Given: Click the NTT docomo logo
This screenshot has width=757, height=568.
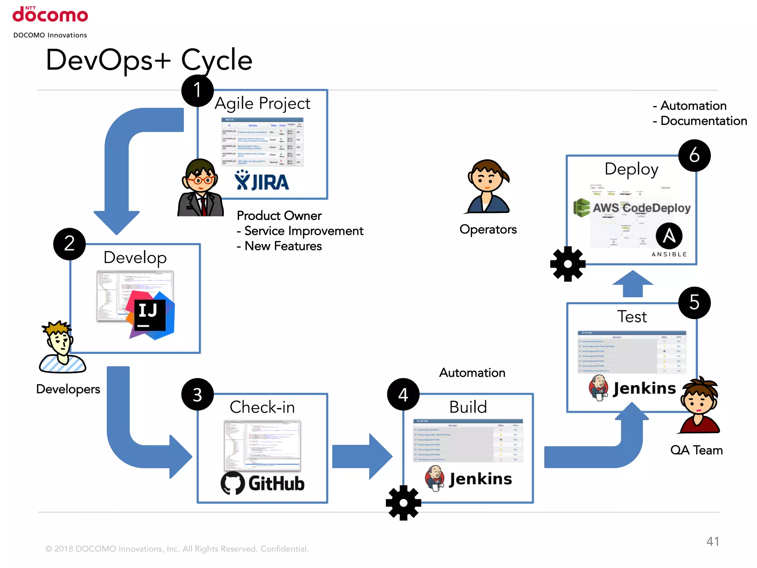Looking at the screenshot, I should pyautogui.click(x=50, y=15).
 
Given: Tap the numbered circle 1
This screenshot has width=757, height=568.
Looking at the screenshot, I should pyautogui.click(x=197, y=90).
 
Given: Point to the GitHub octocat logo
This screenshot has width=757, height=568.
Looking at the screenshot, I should pyautogui.click(x=232, y=483).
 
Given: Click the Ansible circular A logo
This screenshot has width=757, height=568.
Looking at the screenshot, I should pyautogui.click(x=669, y=236).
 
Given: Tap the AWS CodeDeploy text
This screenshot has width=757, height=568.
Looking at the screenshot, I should pyautogui.click(x=642, y=208).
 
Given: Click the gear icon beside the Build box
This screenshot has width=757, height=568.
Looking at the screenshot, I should pyautogui.click(x=403, y=503).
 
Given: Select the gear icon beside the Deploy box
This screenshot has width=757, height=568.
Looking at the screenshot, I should pyautogui.click(x=568, y=264).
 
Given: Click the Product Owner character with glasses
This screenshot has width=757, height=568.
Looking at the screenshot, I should pyautogui.click(x=201, y=188).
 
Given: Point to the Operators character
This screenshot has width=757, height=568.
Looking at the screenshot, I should pyautogui.click(x=488, y=187).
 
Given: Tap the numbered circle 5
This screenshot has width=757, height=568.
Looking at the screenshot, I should pyautogui.click(x=694, y=302).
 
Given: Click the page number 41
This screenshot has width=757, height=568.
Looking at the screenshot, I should pyautogui.click(x=713, y=541).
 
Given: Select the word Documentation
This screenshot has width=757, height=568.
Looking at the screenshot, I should pyautogui.click(x=703, y=121).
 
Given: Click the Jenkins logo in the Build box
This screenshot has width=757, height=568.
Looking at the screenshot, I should pyautogui.click(x=469, y=479).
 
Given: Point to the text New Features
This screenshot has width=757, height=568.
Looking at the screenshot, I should pyautogui.click(x=283, y=246).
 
